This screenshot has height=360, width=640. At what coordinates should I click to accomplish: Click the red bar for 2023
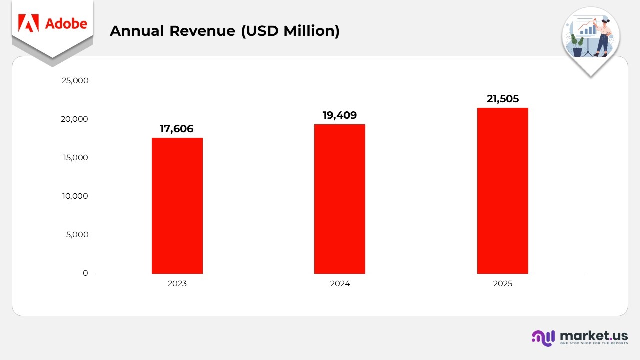[x=177, y=206]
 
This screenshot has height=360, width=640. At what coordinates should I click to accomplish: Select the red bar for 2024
[x=340, y=199]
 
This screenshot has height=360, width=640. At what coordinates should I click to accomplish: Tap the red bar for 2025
[x=502, y=191]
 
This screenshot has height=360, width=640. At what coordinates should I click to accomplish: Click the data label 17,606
[x=176, y=129]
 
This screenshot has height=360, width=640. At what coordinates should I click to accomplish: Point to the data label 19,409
[x=340, y=115]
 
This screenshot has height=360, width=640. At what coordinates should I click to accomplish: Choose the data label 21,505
[x=503, y=99]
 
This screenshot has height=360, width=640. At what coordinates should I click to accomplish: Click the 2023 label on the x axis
[x=177, y=284]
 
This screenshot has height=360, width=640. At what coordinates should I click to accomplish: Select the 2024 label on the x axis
[x=340, y=284]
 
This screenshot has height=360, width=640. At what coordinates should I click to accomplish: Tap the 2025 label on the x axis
[x=502, y=284]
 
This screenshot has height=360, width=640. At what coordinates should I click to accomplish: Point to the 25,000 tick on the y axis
[x=75, y=81]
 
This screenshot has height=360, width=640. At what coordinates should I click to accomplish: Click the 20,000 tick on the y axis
[x=75, y=119]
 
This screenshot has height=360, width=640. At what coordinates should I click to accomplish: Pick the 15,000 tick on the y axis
[x=75, y=158]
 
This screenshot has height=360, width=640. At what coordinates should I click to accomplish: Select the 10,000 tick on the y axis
[x=75, y=196]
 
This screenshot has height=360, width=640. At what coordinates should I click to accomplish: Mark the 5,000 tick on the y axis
[x=77, y=235]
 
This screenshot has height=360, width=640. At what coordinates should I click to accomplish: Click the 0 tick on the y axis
[x=85, y=273]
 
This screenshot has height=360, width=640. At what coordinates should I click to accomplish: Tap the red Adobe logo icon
[x=28, y=23]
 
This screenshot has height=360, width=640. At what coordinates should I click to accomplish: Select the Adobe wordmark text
[x=66, y=23]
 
